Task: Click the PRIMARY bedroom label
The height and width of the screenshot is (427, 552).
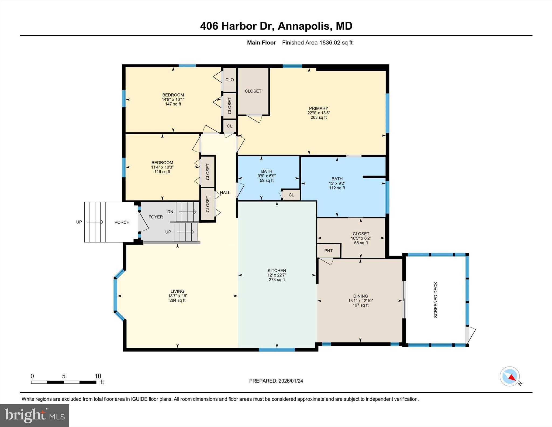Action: click(x=318, y=108)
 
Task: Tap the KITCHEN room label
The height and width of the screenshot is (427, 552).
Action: click(x=277, y=271)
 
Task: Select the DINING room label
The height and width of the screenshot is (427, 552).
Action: click(x=360, y=296)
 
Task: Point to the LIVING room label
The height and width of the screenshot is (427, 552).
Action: click(x=177, y=291)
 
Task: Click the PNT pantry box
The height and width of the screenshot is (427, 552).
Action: click(x=328, y=251)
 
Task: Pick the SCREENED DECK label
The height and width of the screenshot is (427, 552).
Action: click(x=436, y=300)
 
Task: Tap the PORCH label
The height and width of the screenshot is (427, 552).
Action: click(x=122, y=222)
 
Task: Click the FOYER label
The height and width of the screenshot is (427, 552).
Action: click(x=156, y=217)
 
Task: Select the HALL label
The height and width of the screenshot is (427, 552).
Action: click(x=225, y=193)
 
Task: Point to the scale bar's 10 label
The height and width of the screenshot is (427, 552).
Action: click(x=98, y=376)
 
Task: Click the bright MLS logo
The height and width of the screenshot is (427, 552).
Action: click(x=35, y=415)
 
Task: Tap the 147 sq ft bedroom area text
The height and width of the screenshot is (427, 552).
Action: click(x=173, y=104)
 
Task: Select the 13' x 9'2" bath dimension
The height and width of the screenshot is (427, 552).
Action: click(x=337, y=183)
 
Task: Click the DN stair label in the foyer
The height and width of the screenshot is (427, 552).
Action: click(x=170, y=212)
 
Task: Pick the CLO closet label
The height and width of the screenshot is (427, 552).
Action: click(x=230, y=80)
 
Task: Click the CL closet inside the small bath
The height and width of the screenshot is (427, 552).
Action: click(x=291, y=195)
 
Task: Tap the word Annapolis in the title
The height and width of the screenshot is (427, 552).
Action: click(x=303, y=26)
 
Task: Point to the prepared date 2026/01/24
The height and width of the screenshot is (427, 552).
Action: click(x=291, y=381)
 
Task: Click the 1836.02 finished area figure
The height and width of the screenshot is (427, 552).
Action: click(x=330, y=43)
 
